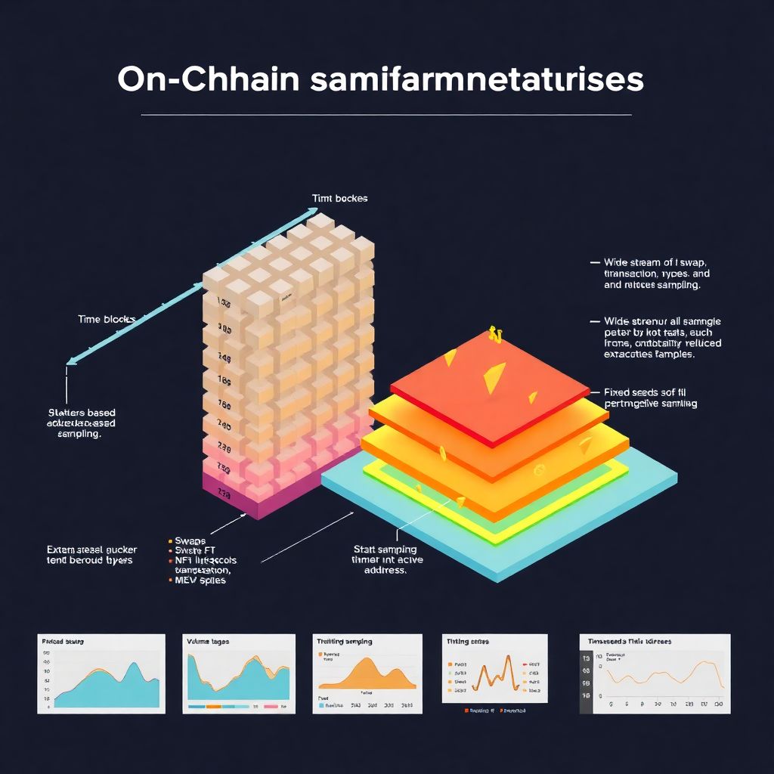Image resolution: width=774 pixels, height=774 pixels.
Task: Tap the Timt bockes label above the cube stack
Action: click(339, 198)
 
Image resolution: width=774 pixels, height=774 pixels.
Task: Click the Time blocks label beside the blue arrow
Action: click(107, 319)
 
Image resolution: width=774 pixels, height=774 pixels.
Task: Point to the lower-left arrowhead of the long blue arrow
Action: click(70, 362)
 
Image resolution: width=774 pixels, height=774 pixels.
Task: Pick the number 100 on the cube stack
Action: click(224, 302)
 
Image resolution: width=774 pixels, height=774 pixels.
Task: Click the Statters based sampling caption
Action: click(81, 424)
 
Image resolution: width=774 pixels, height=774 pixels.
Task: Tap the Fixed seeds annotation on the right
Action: click(651, 398)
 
